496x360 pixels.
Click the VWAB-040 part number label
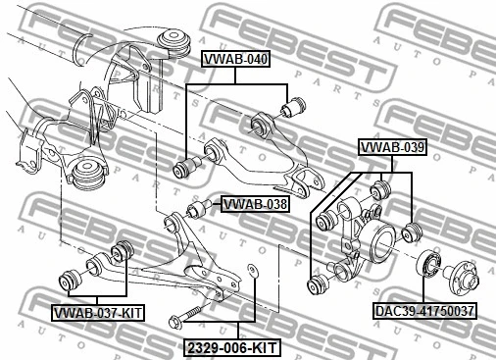(235, 60)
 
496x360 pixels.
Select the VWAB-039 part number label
(391, 148)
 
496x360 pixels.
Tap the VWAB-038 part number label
(255, 204)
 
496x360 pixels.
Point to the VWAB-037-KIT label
(97, 313)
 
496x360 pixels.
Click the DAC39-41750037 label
(424, 312)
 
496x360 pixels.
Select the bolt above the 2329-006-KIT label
(187, 317)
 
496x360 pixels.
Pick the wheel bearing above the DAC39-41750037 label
(428, 265)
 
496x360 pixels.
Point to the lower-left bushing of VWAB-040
(184, 168)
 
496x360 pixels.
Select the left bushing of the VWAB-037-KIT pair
(71, 280)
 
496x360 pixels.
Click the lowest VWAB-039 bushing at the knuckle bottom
(318, 284)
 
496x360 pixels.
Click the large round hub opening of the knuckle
(376, 241)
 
